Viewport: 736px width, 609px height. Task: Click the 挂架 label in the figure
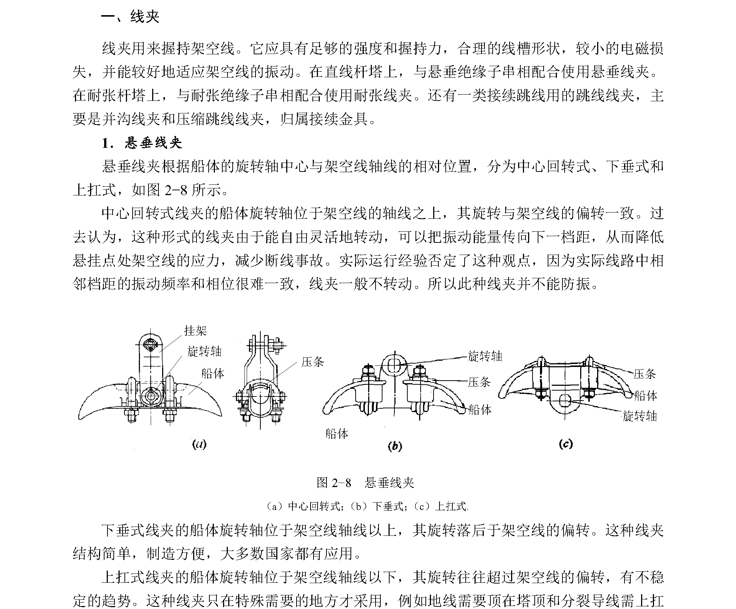coord(195,330)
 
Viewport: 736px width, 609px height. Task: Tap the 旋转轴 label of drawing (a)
coord(204,351)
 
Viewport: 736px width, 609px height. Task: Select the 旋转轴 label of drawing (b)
coord(485,356)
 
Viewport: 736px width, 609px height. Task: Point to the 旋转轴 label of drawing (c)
coord(640,416)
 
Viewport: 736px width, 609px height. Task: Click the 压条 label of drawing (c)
coord(645,374)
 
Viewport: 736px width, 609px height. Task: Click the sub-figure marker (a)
coord(199,444)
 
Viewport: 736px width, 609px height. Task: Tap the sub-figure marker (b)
coord(395,446)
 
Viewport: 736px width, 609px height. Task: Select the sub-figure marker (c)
coord(566,443)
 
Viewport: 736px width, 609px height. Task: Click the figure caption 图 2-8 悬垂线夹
coord(365,482)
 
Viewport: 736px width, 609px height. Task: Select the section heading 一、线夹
coord(130,17)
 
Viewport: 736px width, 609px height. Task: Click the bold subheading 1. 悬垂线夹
coord(142,143)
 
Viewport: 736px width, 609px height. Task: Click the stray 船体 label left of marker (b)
coord(337,433)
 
